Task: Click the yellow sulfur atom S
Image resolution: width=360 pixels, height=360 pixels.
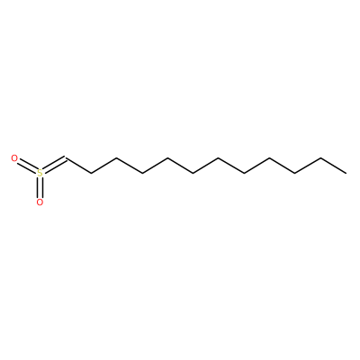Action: tap(40, 173)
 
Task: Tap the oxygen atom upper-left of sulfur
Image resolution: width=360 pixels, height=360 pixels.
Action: tap(14, 158)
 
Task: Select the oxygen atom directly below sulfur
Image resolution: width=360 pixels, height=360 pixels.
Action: tap(40, 202)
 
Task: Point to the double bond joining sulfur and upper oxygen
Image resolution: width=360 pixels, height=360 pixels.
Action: tap(26, 166)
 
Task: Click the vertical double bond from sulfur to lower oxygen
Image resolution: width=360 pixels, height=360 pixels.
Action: tap(40, 188)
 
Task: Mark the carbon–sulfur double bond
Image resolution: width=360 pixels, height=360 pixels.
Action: tap(54, 165)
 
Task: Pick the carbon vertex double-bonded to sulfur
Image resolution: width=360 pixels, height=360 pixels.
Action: tap(66, 158)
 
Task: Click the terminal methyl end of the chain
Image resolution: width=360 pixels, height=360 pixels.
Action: tap(346, 173)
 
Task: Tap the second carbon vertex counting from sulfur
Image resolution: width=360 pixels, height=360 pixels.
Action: tap(91, 173)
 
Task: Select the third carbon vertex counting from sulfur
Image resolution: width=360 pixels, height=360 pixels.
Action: tap(116, 158)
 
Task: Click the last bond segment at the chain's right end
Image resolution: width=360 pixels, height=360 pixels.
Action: tap(333, 166)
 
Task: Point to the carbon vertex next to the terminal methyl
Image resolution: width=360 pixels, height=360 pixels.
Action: tap(320, 158)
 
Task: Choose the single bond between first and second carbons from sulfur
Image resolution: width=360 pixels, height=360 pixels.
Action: tap(78, 166)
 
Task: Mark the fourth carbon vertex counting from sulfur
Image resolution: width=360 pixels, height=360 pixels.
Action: tap(142, 173)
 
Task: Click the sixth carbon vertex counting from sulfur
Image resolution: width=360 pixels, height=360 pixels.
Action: tap(193, 173)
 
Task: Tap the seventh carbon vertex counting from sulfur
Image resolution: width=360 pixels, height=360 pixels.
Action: tap(219, 158)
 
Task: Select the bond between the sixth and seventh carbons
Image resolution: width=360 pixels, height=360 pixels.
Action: tap(206, 166)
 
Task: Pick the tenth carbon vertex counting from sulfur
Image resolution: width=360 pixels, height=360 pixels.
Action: tap(295, 173)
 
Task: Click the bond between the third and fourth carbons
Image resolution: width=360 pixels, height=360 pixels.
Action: tap(129, 166)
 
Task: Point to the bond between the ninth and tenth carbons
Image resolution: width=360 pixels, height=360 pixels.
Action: tap(283, 166)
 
